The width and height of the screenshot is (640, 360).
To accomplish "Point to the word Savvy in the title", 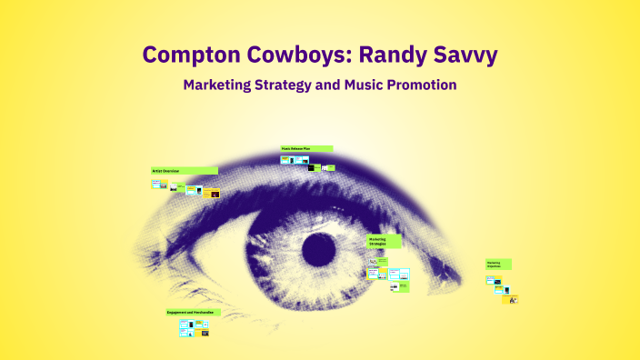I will [x=465, y=55].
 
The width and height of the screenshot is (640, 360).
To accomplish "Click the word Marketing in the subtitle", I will [x=221, y=85].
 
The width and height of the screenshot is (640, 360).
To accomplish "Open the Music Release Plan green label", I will [x=306, y=148].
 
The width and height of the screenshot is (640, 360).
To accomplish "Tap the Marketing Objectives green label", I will [x=498, y=264].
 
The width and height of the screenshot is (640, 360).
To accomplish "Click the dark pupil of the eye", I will [x=319, y=246].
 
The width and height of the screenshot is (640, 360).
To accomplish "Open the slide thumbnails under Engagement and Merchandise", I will [x=195, y=328].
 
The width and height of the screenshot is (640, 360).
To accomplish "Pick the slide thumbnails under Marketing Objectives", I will [x=501, y=285].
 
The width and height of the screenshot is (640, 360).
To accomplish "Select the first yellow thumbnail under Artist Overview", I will [x=156, y=184].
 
